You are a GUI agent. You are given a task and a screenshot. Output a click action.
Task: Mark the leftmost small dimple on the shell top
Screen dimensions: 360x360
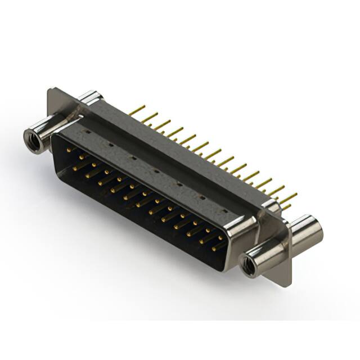click(x=87, y=132)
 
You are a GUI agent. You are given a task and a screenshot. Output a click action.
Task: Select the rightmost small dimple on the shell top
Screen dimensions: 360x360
click(x=224, y=210)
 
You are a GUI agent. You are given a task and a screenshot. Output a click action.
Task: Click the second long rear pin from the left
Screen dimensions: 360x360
click(x=150, y=118)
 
